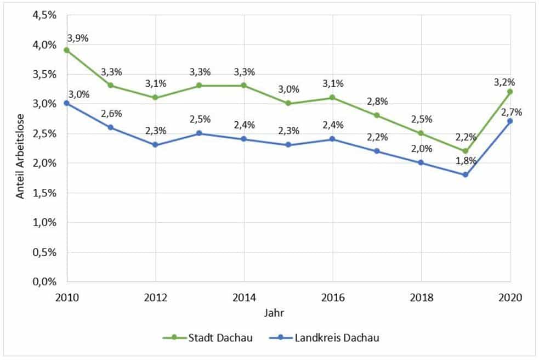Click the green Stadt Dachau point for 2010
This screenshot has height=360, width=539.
pyautogui.click(x=67, y=50)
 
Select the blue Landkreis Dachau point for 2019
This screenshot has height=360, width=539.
pyautogui.click(x=466, y=175)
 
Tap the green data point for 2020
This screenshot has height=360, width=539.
pyautogui.click(x=510, y=92)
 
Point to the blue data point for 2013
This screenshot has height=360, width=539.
pyautogui.click(x=200, y=133)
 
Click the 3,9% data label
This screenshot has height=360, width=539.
pyautogui.click(x=77, y=38)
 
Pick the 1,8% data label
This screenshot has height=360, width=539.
pyautogui.click(x=466, y=161)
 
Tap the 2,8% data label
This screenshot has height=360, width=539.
pyautogui.click(x=377, y=102)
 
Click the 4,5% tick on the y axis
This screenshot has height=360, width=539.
pyautogui.click(x=44, y=15)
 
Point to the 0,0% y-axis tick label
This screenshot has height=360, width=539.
pyautogui.click(x=44, y=282)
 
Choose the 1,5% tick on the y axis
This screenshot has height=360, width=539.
pyautogui.click(x=44, y=193)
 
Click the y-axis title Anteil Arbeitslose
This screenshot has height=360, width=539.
pyautogui.click(x=20, y=148)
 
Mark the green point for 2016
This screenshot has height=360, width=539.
pyautogui.click(x=332, y=98)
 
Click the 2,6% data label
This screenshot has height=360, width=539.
pyautogui.click(x=111, y=114)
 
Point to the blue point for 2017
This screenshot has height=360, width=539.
pyautogui.click(x=377, y=151)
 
